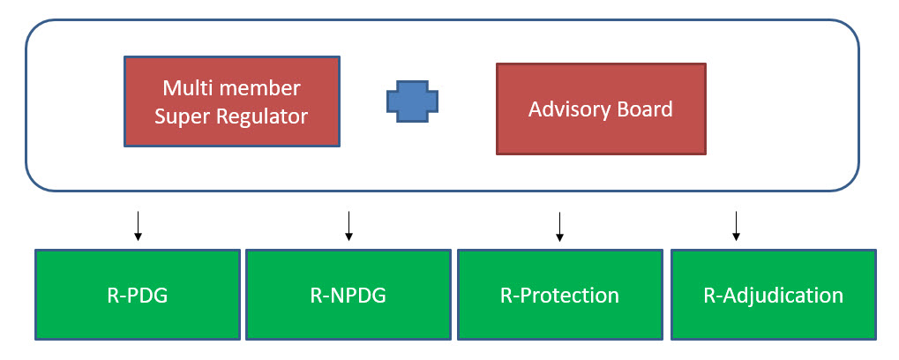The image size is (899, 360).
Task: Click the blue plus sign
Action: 412,101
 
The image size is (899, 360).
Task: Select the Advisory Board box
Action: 601,109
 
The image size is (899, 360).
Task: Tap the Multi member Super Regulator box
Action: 232,101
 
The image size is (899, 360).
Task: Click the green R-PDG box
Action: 138,295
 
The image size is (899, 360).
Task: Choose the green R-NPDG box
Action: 348,295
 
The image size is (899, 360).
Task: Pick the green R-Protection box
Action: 560,295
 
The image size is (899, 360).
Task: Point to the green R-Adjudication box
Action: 774,295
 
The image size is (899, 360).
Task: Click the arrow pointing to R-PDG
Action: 138,226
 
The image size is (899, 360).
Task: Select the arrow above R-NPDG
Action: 348,226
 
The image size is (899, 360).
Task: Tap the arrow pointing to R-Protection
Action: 560,226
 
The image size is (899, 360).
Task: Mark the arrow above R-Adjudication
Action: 737,226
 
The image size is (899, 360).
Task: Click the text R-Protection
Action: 559,296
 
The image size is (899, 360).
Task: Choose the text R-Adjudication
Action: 774,296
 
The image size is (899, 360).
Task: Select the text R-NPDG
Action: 348,296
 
